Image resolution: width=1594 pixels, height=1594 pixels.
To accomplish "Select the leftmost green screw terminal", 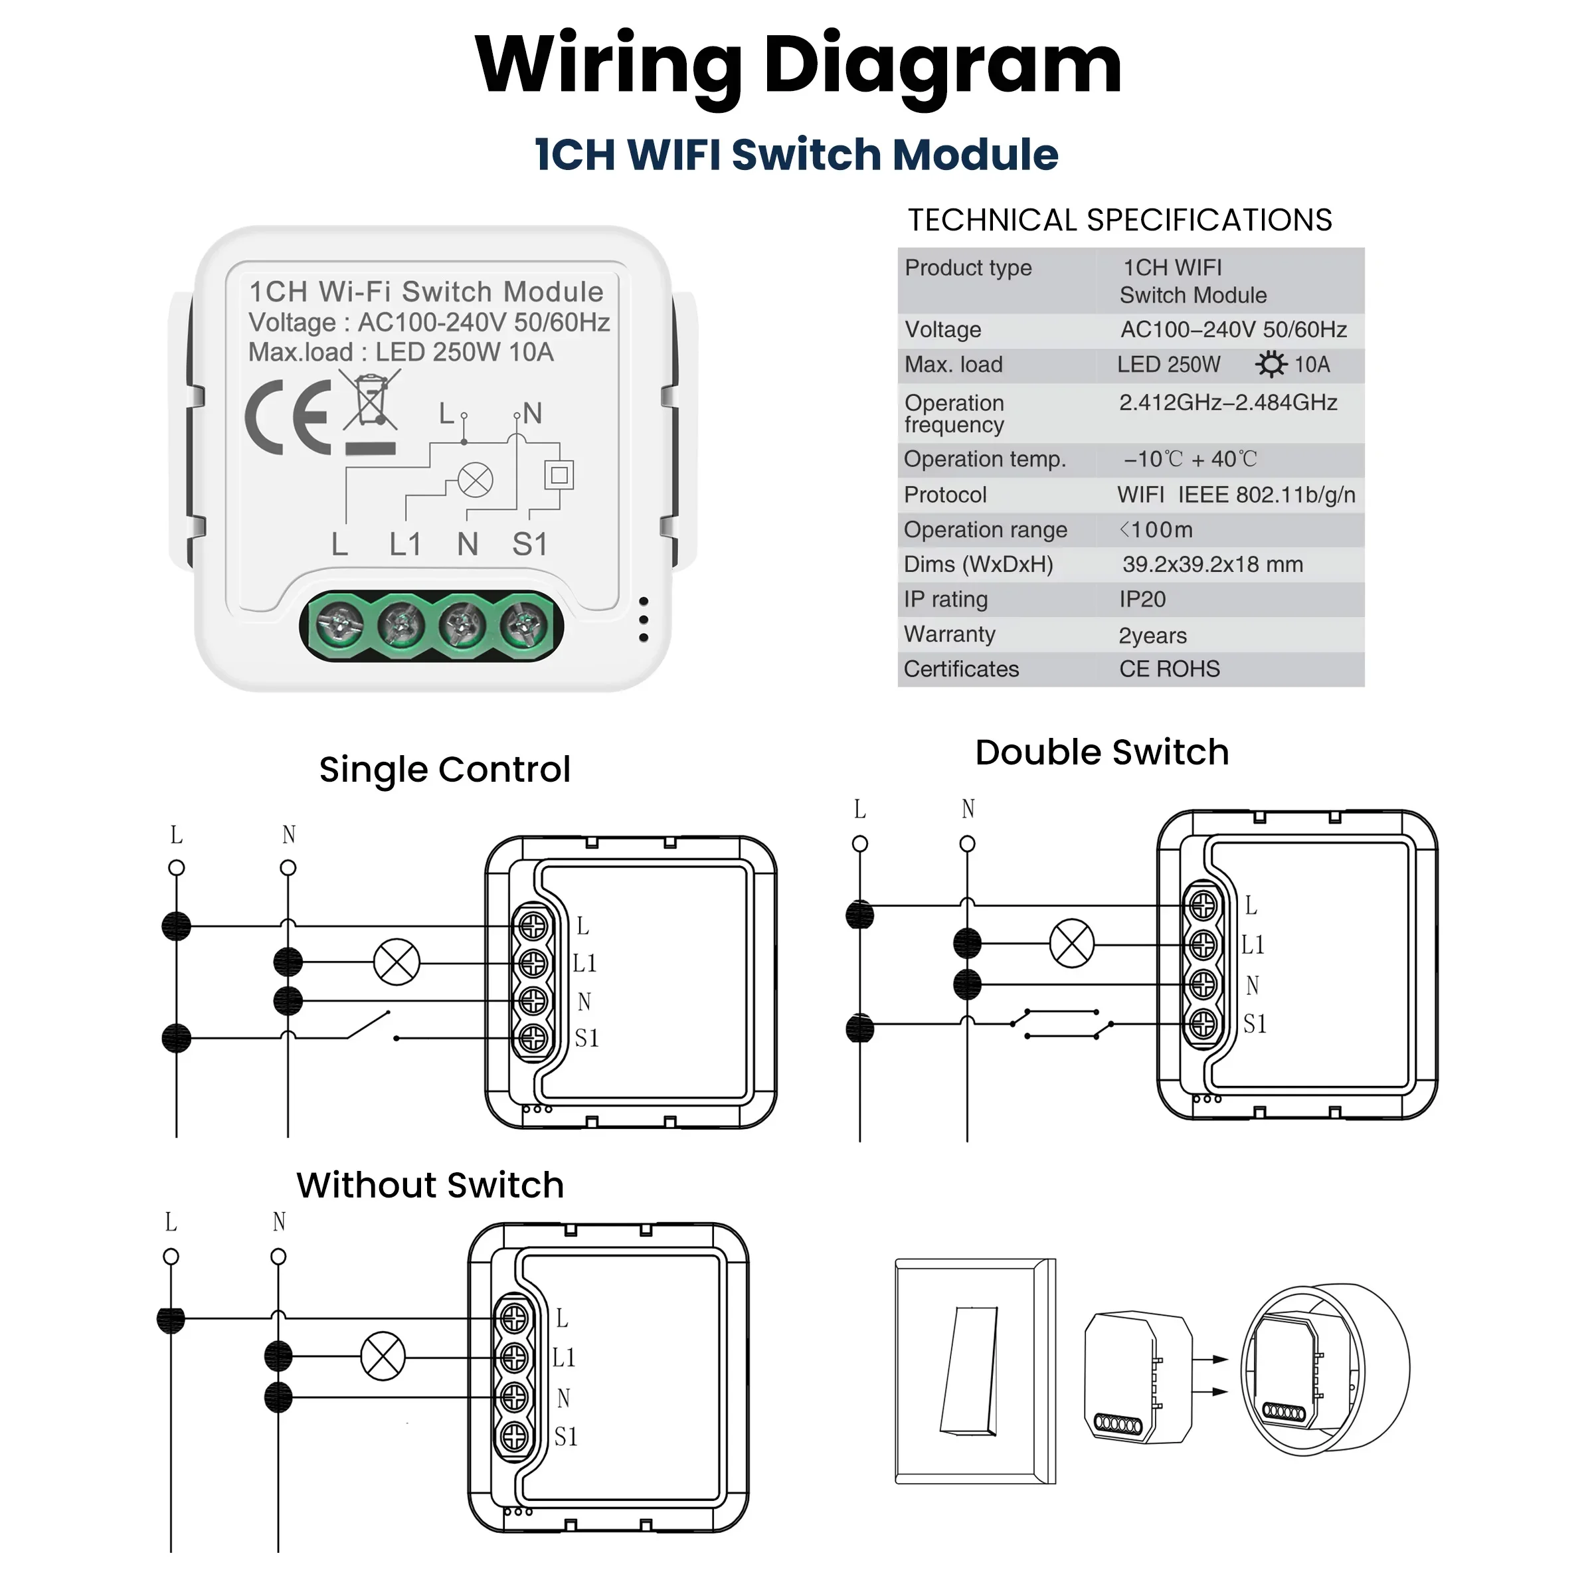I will pos(340,624).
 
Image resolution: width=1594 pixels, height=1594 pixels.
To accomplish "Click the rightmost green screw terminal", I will pos(524,624).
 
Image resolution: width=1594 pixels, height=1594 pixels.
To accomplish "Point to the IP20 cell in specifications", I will pos(1142,600).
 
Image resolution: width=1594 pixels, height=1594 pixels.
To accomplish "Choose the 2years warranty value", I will pos(1152,636).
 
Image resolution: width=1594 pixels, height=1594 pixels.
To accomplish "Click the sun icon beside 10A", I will pos(1271,365).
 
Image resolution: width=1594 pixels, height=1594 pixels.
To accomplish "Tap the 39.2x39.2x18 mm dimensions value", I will pos(1212,565).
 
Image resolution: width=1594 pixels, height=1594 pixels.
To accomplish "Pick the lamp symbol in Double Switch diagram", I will pos(1072,943).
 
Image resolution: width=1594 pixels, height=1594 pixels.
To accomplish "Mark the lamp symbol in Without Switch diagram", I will pos(383,1356).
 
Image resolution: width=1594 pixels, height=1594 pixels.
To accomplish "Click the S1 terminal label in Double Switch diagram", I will pos(1255,1024).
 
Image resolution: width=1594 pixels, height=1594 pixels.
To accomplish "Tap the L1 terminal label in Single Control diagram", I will pos(585,963).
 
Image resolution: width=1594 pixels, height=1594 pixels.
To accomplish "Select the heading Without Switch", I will pos(430,1186).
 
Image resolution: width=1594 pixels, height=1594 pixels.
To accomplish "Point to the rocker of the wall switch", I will pos(970,1370).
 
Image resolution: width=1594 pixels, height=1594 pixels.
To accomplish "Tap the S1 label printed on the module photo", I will pos(530,545).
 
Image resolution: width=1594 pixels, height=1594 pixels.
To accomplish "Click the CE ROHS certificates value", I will pos(1169,669).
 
